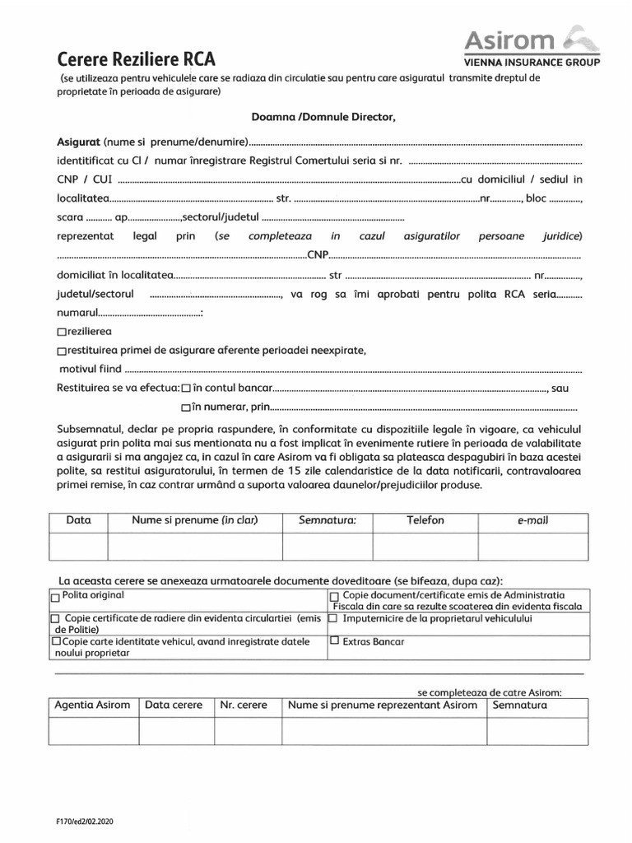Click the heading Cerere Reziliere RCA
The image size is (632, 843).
[136, 59]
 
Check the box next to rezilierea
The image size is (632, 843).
[62, 333]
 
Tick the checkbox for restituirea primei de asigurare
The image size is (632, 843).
[62, 352]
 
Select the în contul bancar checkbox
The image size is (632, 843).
[187, 388]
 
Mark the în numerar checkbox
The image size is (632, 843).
[186, 407]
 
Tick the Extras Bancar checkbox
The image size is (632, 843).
[334, 640]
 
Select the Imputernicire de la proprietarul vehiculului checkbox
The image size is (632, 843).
[334, 617]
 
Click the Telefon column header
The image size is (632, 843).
[425, 520]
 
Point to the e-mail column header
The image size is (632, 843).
[533, 521]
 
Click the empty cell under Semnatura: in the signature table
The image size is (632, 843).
[328, 546]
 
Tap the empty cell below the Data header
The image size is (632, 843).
[78, 546]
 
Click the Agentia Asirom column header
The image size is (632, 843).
[92, 706]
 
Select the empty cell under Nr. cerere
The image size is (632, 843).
[248, 730]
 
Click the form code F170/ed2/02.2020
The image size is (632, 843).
[81, 821]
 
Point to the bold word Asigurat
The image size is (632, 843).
[78, 142]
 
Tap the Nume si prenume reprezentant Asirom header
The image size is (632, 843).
[383, 706]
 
